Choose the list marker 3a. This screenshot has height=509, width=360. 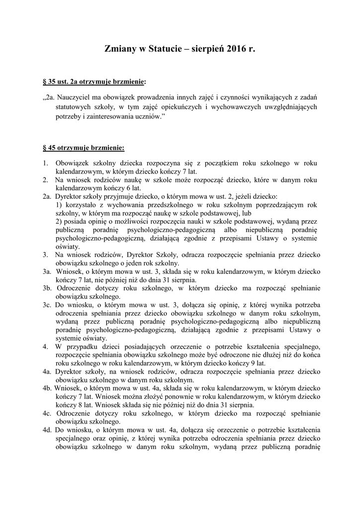[x=47, y=272]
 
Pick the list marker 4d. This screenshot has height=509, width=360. [x=48, y=429]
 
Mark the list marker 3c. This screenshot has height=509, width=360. [x=47, y=304]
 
